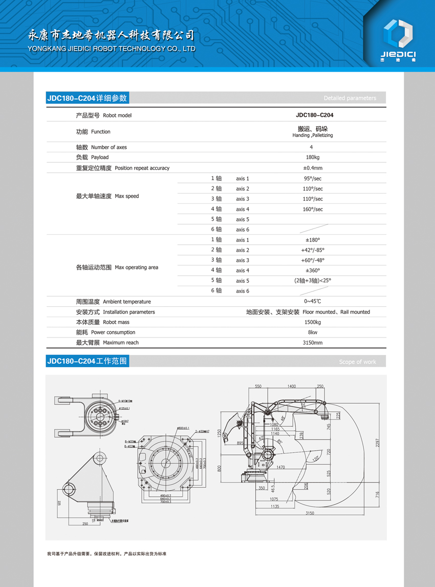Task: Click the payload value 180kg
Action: point(313,157)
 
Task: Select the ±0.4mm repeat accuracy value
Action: point(313,168)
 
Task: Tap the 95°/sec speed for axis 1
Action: point(313,179)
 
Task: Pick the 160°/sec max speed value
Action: point(313,209)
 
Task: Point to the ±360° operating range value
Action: point(313,270)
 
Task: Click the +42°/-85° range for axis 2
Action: point(313,250)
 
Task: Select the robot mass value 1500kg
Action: point(313,322)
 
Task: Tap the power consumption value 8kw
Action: point(313,332)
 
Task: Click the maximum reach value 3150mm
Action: point(313,343)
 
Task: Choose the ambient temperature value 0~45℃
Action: point(313,302)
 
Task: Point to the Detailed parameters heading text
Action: point(350,98)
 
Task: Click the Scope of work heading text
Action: point(357,362)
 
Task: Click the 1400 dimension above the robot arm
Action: point(291,386)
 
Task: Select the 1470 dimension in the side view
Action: point(279,468)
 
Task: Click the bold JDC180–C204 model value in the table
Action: point(314,115)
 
